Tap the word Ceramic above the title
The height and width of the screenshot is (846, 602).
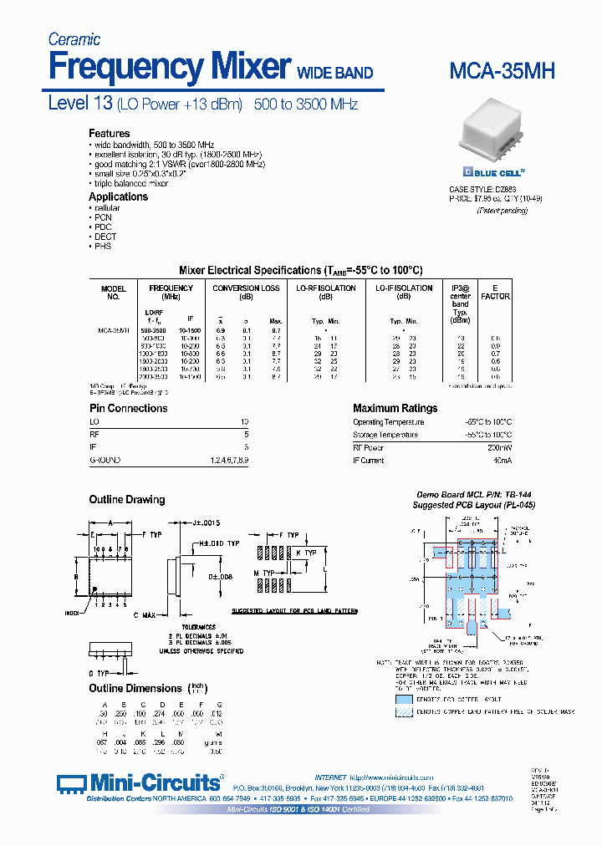[x=74, y=39]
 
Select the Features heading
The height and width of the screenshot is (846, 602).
[x=110, y=134]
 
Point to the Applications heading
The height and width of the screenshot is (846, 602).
[x=119, y=196]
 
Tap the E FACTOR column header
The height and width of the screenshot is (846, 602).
[x=495, y=292]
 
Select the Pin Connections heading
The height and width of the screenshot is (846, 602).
[x=128, y=408]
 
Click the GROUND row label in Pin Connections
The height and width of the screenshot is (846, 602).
[x=105, y=461]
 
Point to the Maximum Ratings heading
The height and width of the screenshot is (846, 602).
[x=395, y=408]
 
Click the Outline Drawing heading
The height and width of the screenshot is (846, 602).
[x=127, y=500]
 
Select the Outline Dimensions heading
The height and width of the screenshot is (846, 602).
[x=135, y=688]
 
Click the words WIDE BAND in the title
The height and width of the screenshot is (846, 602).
[x=335, y=74]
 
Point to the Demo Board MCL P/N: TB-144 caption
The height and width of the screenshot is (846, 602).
[x=474, y=495]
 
